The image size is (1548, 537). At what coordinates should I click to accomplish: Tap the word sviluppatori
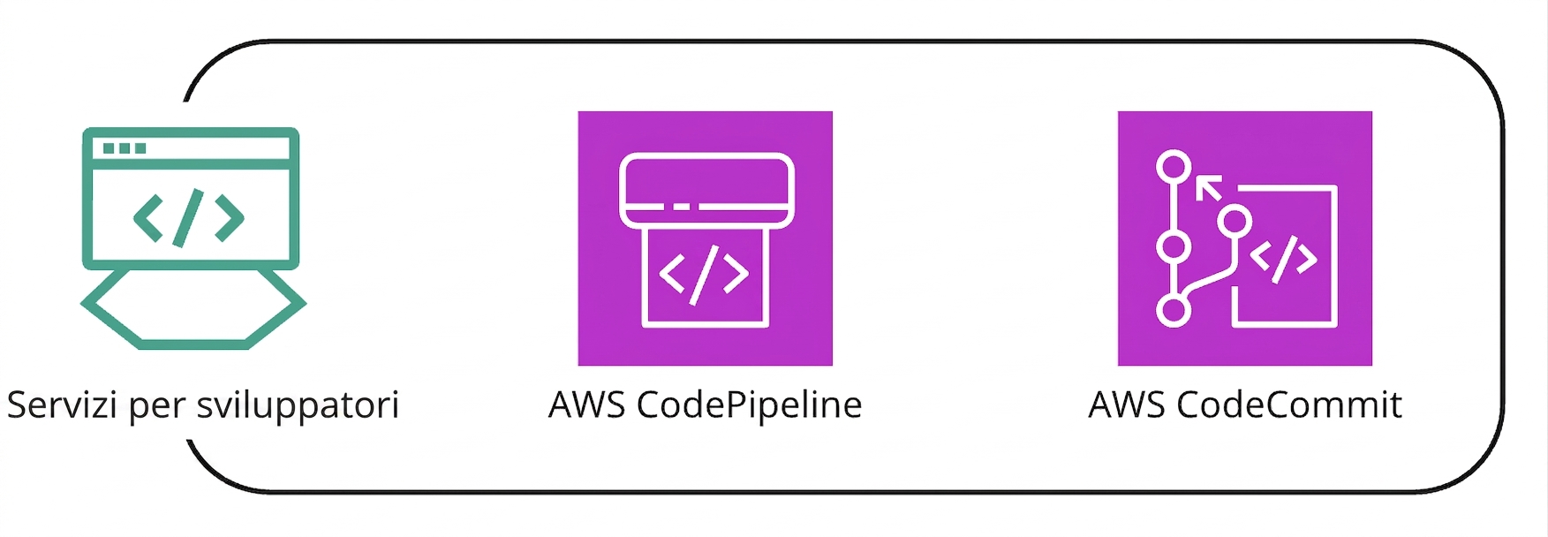[x=298, y=407]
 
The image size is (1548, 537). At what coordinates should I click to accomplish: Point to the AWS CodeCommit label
[x=1245, y=405]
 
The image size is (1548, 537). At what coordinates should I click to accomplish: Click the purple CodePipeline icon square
[x=706, y=238]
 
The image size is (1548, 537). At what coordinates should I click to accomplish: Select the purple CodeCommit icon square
[x=1245, y=238]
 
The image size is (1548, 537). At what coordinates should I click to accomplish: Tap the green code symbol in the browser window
[x=189, y=216]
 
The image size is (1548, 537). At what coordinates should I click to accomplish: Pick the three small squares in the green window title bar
[x=125, y=148]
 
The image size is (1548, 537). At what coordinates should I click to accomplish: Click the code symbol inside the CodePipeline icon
[x=705, y=273]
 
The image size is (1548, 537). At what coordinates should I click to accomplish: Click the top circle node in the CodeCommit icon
[x=1174, y=167]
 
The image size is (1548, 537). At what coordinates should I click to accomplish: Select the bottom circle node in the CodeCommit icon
[x=1174, y=310]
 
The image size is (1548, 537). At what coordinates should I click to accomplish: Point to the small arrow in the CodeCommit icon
[x=1209, y=187]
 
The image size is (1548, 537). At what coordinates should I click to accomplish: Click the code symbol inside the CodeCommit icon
[x=1284, y=258]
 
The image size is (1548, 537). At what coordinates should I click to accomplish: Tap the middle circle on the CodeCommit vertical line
[x=1174, y=246]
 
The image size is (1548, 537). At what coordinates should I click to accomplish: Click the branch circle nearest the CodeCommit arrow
[x=1235, y=221]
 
